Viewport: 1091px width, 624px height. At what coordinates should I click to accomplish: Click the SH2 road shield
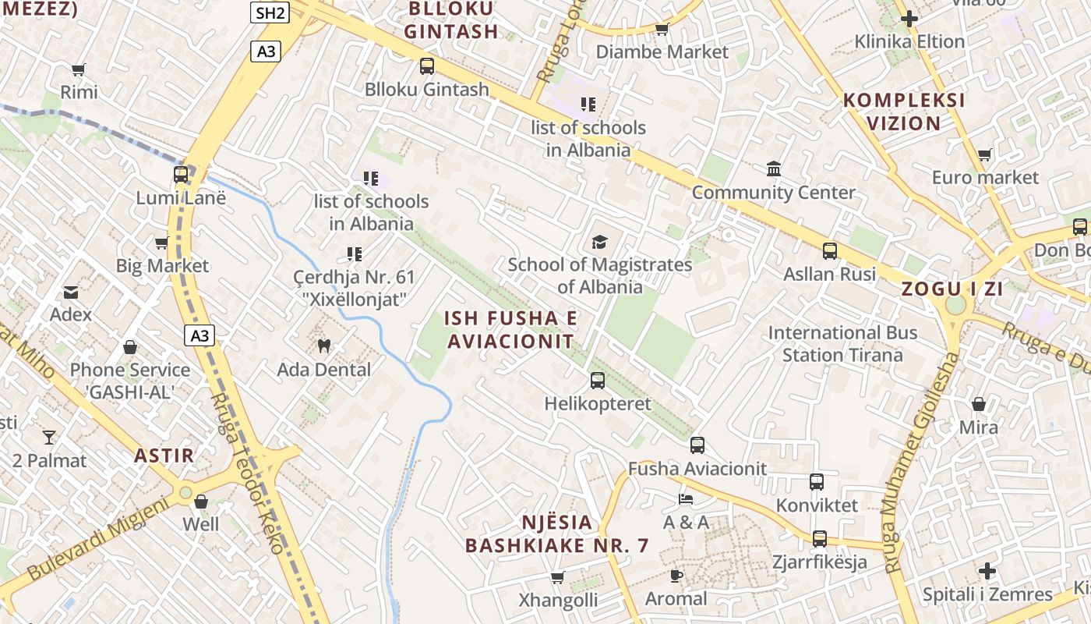click(270, 12)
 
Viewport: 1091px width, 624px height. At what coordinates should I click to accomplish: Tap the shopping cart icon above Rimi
click(78, 69)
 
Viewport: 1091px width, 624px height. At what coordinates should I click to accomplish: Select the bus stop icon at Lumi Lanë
click(181, 174)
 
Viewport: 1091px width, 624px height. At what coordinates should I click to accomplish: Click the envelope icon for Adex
click(71, 292)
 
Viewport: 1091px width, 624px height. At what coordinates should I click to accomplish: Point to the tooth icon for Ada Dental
click(324, 346)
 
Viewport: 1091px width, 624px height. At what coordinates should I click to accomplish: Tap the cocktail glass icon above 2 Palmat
click(50, 437)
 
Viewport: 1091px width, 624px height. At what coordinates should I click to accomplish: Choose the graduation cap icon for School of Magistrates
click(599, 242)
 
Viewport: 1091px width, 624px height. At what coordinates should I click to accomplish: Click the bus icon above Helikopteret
click(598, 381)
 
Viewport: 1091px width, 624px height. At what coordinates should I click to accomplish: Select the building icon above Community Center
click(774, 168)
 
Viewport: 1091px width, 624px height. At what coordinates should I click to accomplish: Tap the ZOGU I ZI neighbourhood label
click(952, 289)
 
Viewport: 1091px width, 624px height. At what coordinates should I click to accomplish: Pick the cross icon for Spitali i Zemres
click(987, 571)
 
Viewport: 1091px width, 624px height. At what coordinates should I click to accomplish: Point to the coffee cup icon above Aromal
click(676, 576)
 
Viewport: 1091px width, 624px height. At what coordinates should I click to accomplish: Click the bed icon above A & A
click(686, 498)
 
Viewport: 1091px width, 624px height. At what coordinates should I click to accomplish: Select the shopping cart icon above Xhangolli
click(558, 577)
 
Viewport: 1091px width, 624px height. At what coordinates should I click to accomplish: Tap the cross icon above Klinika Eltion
click(909, 18)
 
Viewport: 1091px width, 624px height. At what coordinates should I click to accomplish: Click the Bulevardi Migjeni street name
click(98, 538)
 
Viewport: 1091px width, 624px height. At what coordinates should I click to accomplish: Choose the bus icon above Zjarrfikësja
click(820, 538)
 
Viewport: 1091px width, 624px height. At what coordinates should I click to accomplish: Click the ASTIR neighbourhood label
click(164, 456)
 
